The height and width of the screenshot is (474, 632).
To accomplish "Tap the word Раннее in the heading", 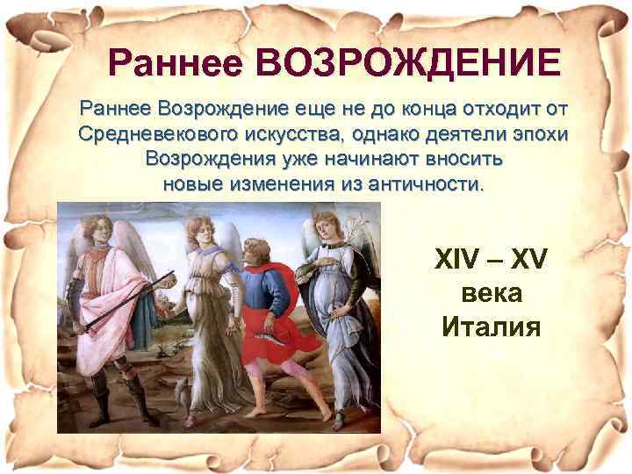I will pos(176,63).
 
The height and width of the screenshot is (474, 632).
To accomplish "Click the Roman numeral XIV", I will pos(458,261).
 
